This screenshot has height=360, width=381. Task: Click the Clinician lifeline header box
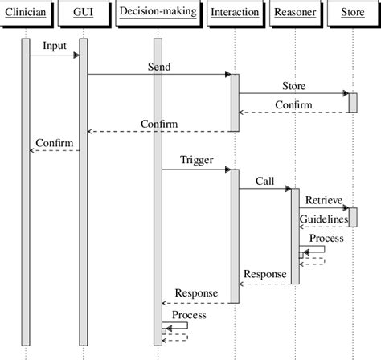tap(25, 12)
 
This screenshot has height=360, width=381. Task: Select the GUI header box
tap(83, 12)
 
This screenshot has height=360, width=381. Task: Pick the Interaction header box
tap(235, 12)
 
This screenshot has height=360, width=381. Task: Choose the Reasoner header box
tap(294, 12)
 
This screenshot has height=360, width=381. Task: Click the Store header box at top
tap(352, 12)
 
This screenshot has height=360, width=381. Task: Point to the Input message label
tap(55, 47)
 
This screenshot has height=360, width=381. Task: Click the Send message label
tap(159, 67)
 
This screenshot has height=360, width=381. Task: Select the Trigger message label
tap(197, 160)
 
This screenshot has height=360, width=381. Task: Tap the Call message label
tap(265, 181)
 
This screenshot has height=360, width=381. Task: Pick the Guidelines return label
tap(324, 219)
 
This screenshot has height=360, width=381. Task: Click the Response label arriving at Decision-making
tap(196, 293)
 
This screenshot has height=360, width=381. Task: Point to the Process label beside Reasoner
tap(326, 239)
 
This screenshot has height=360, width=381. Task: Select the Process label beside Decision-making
tap(189, 315)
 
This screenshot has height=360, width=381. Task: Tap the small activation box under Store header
tap(352, 103)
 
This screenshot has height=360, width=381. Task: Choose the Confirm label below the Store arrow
tap(294, 105)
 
